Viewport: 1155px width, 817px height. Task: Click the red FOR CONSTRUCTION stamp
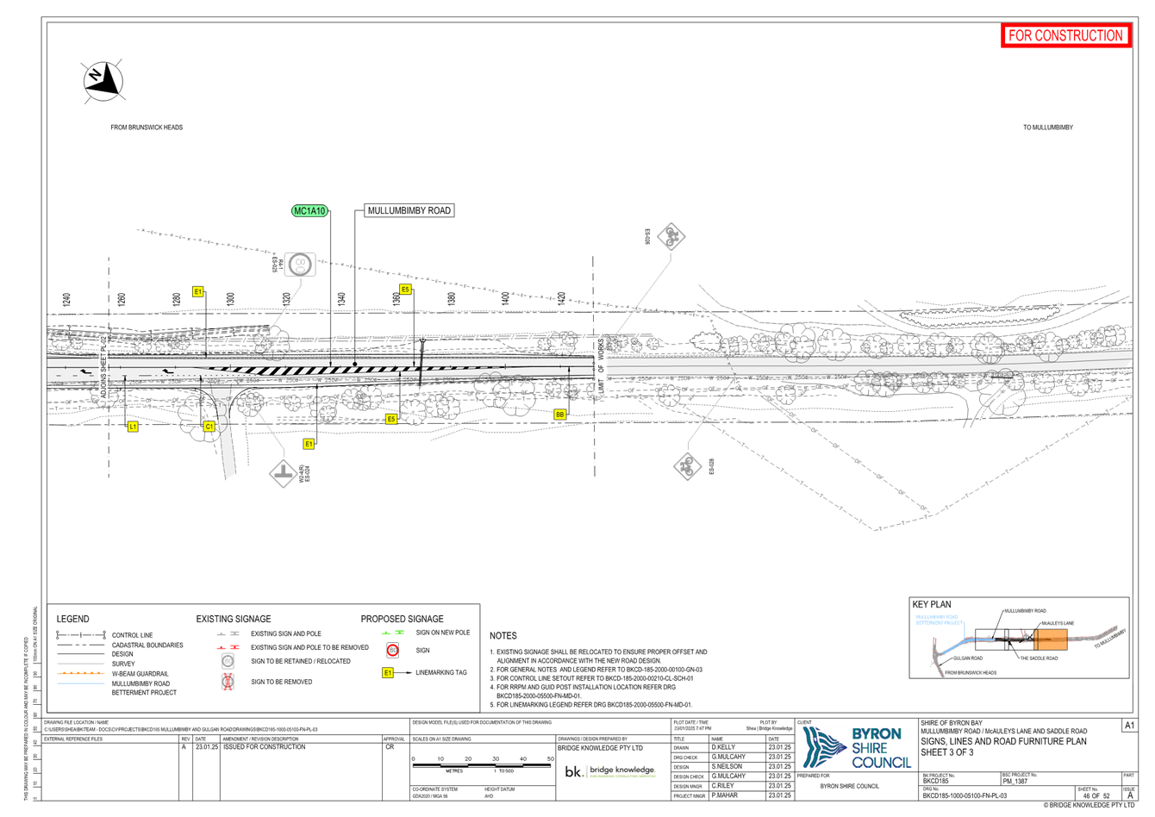point(1065,35)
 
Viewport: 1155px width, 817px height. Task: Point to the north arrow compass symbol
point(103,79)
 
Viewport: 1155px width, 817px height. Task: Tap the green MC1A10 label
point(310,211)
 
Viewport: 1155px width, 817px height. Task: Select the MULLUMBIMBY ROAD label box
point(409,210)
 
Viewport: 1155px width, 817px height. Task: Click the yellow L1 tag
point(133,427)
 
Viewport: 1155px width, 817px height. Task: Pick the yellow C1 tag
point(209,427)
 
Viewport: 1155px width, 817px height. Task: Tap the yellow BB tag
point(560,415)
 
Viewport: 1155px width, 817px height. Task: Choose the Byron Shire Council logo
point(856,746)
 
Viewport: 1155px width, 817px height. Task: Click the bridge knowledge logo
point(610,771)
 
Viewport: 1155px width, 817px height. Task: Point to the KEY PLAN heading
point(933,605)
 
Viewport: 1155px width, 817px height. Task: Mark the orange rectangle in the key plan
point(1051,639)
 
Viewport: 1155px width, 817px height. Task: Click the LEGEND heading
point(73,619)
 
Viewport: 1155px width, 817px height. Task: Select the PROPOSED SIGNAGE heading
point(403,619)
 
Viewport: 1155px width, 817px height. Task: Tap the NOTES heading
point(503,636)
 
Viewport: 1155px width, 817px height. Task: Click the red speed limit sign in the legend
point(393,651)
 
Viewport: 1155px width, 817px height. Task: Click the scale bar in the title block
point(481,760)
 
